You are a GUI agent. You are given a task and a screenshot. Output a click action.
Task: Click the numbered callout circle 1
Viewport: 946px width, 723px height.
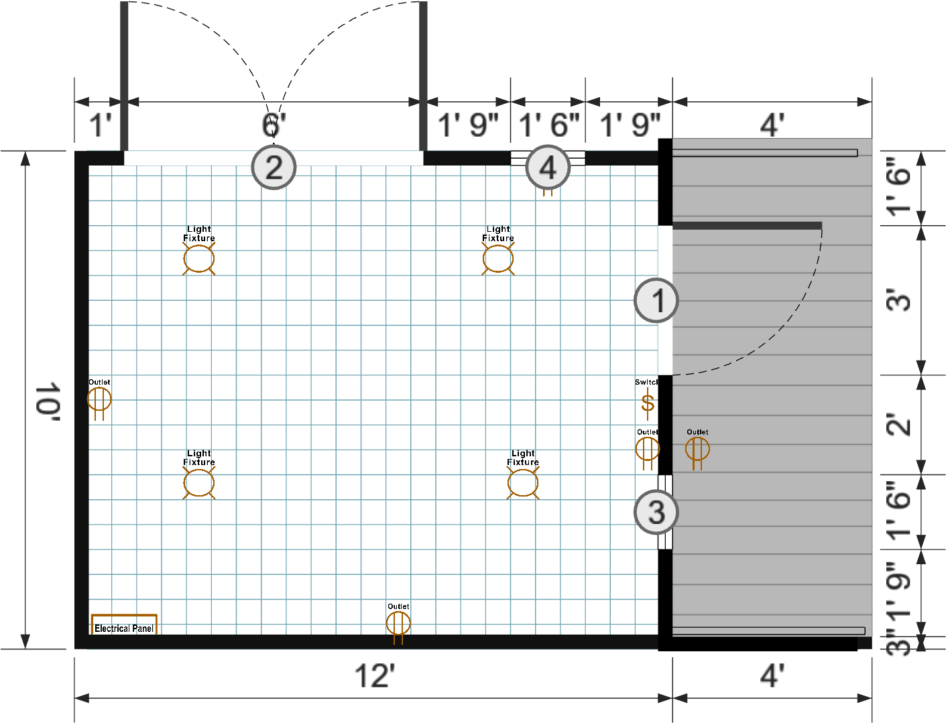click(x=656, y=300)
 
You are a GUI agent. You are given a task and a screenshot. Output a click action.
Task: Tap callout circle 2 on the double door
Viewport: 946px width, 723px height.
click(x=274, y=167)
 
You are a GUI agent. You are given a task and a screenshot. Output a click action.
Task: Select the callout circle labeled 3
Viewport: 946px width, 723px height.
click(x=656, y=513)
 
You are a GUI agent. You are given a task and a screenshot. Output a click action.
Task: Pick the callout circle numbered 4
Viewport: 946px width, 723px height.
click(x=548, y=168)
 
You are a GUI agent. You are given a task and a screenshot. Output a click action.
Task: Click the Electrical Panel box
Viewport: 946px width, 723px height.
click(x=124, y=625)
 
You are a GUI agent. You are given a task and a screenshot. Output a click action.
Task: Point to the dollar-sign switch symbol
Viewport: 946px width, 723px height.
click(x=647, y=403)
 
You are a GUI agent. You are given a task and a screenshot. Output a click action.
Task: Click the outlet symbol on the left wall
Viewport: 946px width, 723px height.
click(x=99, y=400)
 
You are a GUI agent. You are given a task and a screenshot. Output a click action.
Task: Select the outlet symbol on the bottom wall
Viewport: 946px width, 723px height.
click(x=398, y=624)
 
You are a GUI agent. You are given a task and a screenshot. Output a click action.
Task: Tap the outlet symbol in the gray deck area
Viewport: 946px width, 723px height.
click(x=697, y=449)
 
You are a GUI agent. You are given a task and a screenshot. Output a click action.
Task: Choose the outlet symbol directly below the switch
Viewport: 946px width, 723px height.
click(x=647, y=449)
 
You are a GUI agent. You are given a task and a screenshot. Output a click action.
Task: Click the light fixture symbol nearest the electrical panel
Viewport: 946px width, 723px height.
click(x=199, y=483)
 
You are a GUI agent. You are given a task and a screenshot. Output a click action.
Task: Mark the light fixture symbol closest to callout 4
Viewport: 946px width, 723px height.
click(x=498, y=259)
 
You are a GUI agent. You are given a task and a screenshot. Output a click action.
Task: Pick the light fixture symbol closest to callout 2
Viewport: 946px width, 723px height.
click(x=199, y=259)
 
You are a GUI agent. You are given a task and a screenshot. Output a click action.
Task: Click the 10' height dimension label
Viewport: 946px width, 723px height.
click(x=48, y=402)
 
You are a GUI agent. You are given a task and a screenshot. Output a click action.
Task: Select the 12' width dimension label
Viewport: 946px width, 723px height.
click(x=374, y=675)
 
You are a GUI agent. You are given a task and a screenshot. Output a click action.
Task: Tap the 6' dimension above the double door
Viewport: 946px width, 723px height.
click(x=274, y=125)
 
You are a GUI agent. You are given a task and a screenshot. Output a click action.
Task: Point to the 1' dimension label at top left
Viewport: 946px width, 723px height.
click(x=100, y=125)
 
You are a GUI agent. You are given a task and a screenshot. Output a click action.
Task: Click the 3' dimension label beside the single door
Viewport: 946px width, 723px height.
click(x=899, y=300)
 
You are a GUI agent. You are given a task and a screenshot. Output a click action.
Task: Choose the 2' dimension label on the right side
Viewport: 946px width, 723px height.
click(x=899, y=425)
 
